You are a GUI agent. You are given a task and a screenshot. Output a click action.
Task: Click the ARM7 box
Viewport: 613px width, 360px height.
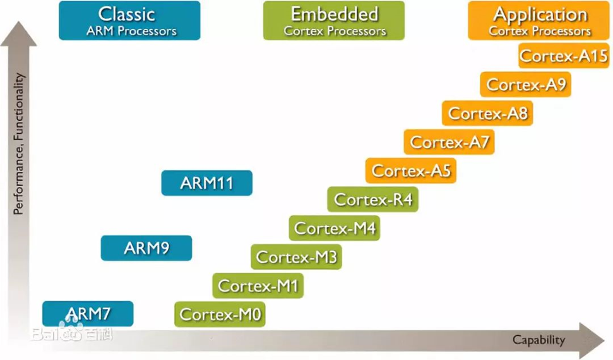pos(88,313)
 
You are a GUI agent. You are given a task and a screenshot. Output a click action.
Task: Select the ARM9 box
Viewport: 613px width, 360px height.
pos(146,248)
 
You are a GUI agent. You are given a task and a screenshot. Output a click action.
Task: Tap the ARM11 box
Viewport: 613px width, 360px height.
pos(206,183)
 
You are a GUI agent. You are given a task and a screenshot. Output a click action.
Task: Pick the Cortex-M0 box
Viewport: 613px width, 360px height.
pos(220,314)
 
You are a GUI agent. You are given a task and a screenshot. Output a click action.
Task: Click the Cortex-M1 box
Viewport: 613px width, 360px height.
pos(258,285)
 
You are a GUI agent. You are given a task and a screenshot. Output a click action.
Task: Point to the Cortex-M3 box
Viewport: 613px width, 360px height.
pos(296,257)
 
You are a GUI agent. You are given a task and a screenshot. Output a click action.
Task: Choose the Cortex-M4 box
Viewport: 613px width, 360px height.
pos(335,228)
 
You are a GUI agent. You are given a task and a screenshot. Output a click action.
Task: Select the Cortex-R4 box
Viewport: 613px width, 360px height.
pos(373,200)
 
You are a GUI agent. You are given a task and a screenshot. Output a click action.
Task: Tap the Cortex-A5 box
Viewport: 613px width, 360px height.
pos(411,171)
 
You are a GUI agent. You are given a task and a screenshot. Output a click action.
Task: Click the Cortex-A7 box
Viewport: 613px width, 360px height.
pos(449,142)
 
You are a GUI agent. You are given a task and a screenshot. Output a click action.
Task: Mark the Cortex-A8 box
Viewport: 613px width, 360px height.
pos(487,114)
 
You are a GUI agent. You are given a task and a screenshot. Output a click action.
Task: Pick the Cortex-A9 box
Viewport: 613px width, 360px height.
pos(526,85)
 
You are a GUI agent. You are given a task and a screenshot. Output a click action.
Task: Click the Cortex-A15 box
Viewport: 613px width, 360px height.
pos(563,56)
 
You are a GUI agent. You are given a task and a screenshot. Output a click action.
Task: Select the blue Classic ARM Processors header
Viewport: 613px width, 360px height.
pos(129,21)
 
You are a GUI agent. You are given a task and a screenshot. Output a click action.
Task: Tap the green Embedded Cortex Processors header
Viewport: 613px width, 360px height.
pos(334,21)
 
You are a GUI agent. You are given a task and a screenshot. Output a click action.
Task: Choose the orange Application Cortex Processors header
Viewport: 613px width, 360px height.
pos(540,21)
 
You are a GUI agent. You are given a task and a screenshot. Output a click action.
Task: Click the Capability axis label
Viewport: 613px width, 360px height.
pos(539,340)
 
